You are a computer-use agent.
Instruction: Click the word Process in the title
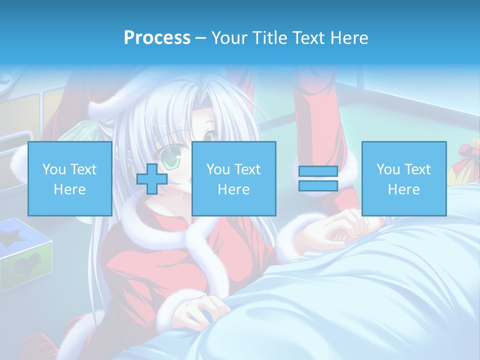(x=157, y=38)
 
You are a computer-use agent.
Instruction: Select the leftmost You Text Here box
(x=70, y=178)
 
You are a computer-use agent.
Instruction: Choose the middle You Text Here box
(x=233, y=178)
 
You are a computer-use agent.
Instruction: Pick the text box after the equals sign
(x=403, y=178)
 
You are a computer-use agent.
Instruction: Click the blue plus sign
(x=152, y=179)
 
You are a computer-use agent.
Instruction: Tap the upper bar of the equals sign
(x=318, y=171)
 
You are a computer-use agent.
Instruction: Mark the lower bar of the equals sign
(x=318, y=185)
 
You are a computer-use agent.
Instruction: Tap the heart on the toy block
(x=28, y=264)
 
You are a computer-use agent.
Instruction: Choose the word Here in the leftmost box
(x=70, y=189)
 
